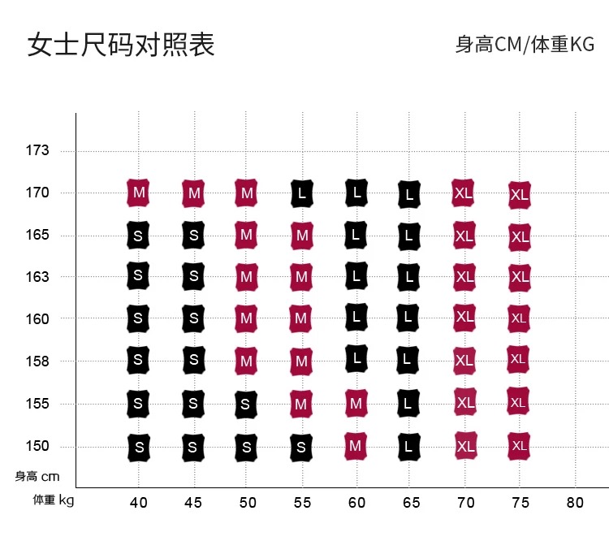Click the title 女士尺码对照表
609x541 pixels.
tap(121, 45)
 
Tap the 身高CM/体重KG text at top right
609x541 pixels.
tap(525, 45)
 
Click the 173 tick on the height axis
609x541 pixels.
tap(37, 150)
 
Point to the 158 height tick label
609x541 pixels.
tap(37, 361)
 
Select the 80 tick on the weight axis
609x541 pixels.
tap(574, 503)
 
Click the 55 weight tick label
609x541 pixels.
tap(301, 503)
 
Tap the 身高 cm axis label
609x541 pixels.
tap(37, 477)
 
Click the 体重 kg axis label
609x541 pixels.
tap(53, 500)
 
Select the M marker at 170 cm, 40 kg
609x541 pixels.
tap(139, 193)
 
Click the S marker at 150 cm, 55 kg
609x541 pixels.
tap(301, 447)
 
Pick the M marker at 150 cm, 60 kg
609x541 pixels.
tap(355, 445)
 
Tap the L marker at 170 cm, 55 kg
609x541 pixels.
tap(301, 193)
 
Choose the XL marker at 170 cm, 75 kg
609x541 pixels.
tap(519, 195)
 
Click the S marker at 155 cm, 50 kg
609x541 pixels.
tap(247, 404)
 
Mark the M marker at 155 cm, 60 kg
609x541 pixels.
tap(355, 402)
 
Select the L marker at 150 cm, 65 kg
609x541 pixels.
tap(409, 447)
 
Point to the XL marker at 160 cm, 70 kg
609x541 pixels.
tap(464, 317)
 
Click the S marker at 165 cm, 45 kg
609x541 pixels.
tap(193, 235)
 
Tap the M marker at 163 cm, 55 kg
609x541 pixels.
tap(301, 277)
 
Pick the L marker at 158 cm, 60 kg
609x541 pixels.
tap(356, 357)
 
